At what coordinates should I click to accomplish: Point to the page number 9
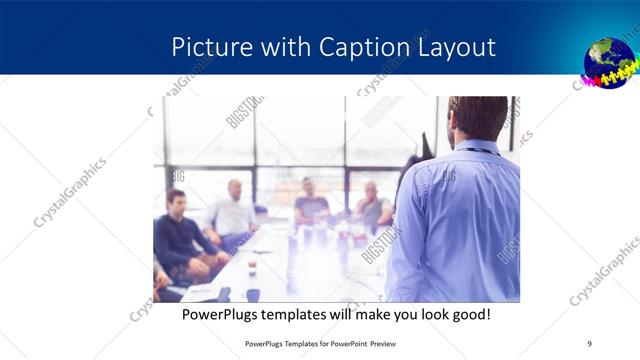[589, 343]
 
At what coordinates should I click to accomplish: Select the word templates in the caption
[306, 314]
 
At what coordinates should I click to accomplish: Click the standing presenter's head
[478, 118]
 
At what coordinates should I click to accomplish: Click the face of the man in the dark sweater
[177, 201]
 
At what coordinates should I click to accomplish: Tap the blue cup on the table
[253, 295]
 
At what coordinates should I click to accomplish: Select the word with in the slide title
[289, 47]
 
